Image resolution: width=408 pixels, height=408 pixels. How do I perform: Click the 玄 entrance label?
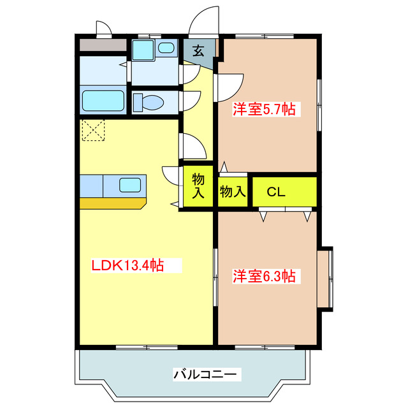pyautogui.click(x=198, y=51)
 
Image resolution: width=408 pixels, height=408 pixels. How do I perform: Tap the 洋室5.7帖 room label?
pyautogui.click(x=263, y=109)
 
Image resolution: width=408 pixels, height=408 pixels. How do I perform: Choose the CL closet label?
pyautogui.click(x=275, y=192)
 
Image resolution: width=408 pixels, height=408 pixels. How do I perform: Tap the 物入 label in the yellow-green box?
pyautogui.click(x=198, y=187)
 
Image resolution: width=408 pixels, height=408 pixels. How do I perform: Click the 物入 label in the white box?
pyautogui.click(x=233, y=191)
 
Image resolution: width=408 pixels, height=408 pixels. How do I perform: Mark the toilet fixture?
pyautogui.click(x=149, y=102)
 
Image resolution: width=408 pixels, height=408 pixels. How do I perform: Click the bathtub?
pyautogui.click(x=102, y=101)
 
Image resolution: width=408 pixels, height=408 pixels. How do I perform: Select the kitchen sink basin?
pyautogui.click(x=130, y=186)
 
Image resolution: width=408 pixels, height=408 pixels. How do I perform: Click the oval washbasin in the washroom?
pyautogui.click(x=166, y=48)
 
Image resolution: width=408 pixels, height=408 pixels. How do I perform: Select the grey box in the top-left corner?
pyautogui.click(x=102, y=45)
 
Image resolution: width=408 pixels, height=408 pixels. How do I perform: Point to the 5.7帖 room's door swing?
pyautogui.click(x=231, y=86)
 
